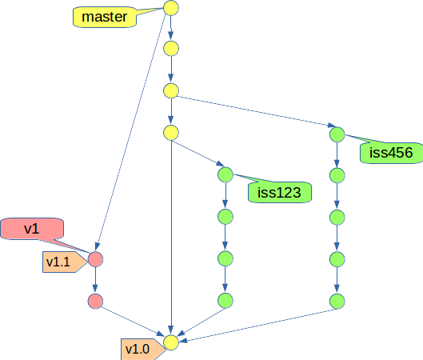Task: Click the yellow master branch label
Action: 105,17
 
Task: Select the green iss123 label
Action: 280,192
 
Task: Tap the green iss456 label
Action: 391,153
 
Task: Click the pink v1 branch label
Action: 32,229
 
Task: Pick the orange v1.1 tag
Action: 65,262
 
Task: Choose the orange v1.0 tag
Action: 143,350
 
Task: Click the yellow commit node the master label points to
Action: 171,8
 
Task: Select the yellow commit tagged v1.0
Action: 171,342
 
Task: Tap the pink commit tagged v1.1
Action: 95,259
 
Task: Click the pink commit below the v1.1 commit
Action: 95,301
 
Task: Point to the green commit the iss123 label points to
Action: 225,174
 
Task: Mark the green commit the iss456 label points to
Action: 337,134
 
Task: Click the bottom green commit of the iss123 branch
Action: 225,301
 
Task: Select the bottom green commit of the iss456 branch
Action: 337,301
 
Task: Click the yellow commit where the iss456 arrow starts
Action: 171,90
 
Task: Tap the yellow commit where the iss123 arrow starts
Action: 171,133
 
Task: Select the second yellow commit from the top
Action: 171,49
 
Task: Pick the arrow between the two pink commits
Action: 95,280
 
